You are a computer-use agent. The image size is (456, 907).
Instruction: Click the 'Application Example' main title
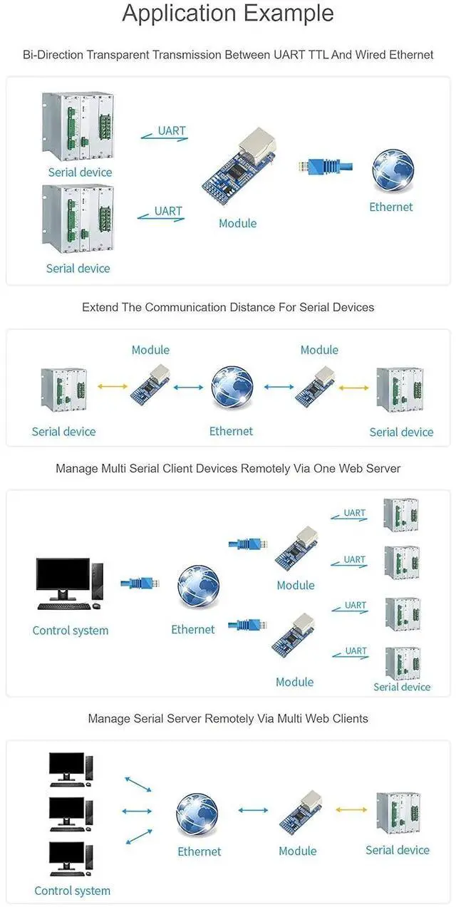[x=228, y=14]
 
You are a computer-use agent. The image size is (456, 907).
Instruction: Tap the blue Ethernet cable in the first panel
[x=325, y=166]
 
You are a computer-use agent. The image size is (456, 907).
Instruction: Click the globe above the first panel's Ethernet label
[x=393, y=170]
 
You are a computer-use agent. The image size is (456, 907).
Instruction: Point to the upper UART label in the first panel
[x=172, y=131]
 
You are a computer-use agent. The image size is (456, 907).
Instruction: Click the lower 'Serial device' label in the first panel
[x=78, y=269]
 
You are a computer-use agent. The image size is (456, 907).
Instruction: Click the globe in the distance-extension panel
[x=232, y=387]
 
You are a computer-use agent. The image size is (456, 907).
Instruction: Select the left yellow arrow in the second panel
[x=113, y=387]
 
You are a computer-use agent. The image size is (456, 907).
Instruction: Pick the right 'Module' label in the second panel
[x=319, y=350]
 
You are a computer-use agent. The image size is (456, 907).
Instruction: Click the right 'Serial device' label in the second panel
[x=401, y=432]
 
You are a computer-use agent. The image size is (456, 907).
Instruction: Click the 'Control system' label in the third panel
[x=71, y=631]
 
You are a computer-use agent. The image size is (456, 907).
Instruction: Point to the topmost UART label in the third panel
[x=354, y=512]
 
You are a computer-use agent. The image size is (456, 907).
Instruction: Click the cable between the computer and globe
[x=140, y=584]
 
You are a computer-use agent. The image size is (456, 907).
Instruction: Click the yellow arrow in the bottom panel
[x=351, y=810]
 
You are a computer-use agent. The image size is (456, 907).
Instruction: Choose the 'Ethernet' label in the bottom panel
[x=199, y=851]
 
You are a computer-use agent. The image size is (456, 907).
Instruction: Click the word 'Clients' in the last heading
[x=351, y=718]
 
